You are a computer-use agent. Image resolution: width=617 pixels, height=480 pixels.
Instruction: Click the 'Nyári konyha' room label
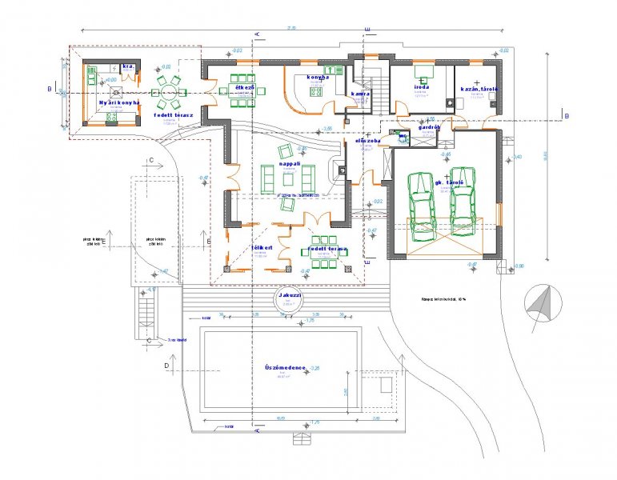point(118,102)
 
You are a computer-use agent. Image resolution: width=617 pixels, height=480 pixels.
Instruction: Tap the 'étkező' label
point(243,86)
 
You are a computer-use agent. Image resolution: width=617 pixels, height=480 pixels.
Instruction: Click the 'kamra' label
point(359,94)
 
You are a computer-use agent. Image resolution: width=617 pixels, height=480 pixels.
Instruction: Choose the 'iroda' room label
point(422,86)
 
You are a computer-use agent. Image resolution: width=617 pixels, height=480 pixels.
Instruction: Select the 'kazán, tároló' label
point(479,88)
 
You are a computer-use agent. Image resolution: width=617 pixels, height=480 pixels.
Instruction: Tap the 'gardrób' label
point(431,126)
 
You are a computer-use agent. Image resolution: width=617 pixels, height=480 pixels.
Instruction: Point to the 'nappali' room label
point(290,163)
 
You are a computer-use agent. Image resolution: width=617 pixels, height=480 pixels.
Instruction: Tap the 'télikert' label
point(262,248)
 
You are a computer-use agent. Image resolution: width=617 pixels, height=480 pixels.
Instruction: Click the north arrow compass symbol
point(538,305)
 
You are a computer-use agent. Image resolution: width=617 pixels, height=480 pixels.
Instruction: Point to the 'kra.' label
point(127,66)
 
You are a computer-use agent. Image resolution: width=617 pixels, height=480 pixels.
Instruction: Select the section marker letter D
point(166,365)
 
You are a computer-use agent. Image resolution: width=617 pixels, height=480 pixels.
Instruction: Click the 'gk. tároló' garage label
point(451,182)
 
